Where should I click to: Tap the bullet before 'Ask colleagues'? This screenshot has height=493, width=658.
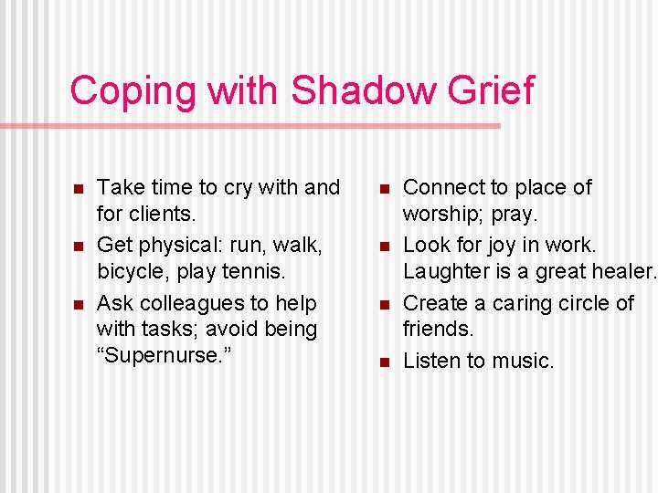78,305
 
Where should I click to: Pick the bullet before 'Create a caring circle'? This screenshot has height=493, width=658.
384,305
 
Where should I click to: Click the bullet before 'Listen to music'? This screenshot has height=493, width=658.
384,362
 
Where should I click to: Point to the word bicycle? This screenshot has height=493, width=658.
129,271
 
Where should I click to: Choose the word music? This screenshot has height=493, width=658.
523,362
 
